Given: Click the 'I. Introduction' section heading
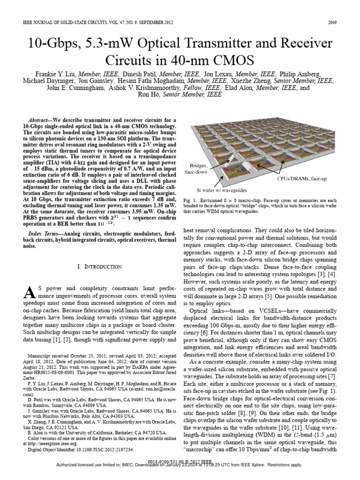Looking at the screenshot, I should pyautogui.click(x=99, y=267).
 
